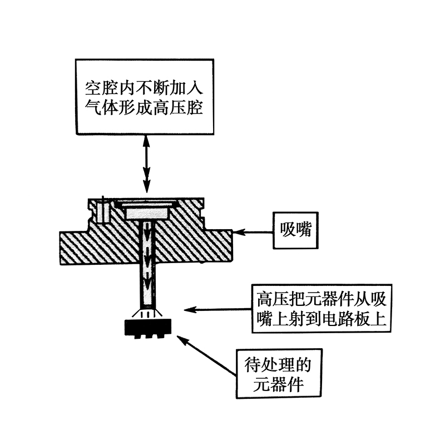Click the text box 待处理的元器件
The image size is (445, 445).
pyautogui.click(x=276, y=374)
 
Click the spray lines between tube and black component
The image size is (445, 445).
pyautogui.click(x=147, y=313)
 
